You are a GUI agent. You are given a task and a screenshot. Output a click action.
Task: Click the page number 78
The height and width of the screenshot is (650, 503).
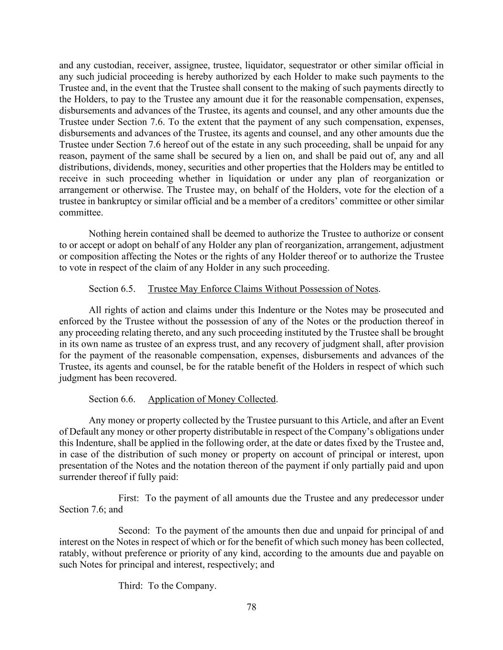tap(251, 607)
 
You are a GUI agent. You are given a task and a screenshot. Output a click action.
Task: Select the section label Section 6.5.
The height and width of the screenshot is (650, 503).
tap(112, 289)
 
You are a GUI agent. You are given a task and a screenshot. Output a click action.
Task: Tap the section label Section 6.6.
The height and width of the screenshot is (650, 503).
tap(112, 399)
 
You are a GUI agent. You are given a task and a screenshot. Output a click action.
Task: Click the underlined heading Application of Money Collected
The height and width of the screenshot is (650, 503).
tap(212, 399)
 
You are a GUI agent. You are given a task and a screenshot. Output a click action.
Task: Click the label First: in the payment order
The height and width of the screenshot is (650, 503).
tap(129, 498)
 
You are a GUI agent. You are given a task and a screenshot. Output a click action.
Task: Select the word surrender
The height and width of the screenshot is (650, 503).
tap(77, 477)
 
